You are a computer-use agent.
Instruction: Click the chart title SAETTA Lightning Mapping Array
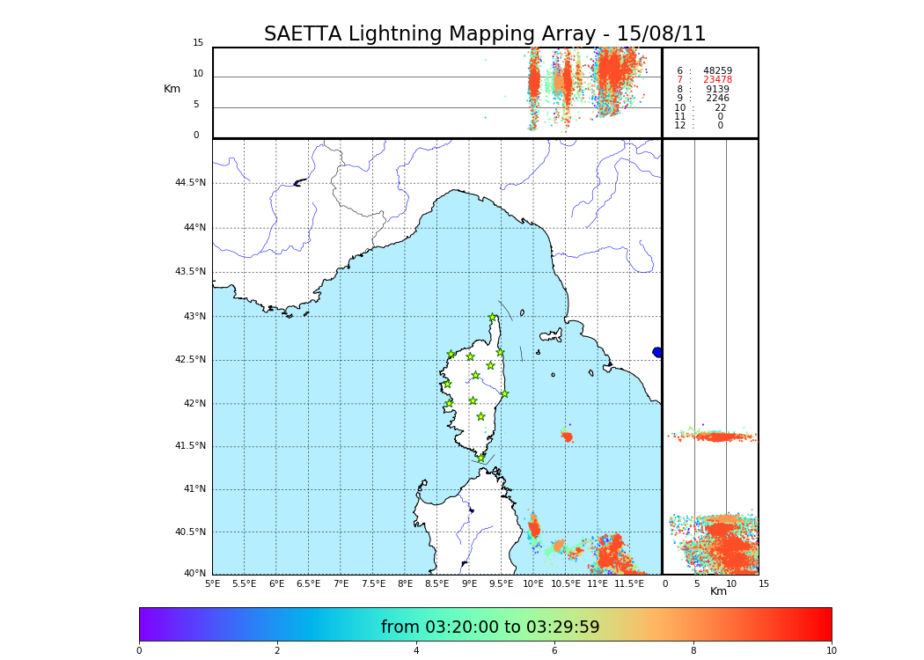[485, 34]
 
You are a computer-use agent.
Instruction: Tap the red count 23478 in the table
[717, 80]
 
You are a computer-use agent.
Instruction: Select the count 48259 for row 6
[717, 71]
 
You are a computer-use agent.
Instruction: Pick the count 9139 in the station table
[717, 90]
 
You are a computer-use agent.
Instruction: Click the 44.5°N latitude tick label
[190, 183]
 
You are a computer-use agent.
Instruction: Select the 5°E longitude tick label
[212, 583]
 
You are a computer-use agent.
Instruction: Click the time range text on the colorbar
[490, 627]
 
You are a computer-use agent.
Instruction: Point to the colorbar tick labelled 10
[831, 651]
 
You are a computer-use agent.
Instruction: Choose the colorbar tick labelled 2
[277, 651]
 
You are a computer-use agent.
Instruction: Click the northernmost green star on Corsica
[493, 318]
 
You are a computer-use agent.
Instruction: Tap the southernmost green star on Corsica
[480, 458]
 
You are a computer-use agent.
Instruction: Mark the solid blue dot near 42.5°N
[657, 352]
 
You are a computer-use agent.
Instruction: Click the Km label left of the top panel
[172, 89]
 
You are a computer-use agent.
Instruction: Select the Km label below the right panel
[718, 591]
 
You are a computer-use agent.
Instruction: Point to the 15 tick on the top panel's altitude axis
[198, 43]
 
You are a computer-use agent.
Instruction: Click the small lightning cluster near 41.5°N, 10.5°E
[567, 436]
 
